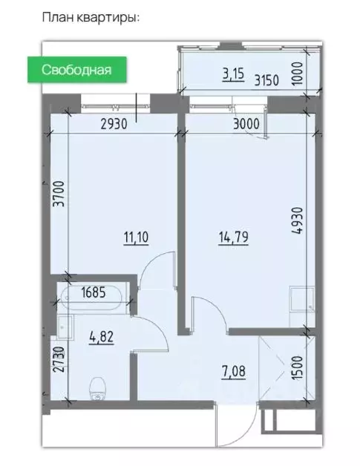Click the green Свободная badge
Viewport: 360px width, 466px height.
click(76, 70)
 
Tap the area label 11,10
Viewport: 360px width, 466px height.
click(136, 237)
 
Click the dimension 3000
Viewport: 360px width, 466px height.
click(245, 124)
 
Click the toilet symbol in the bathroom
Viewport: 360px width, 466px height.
click(98, 387)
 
